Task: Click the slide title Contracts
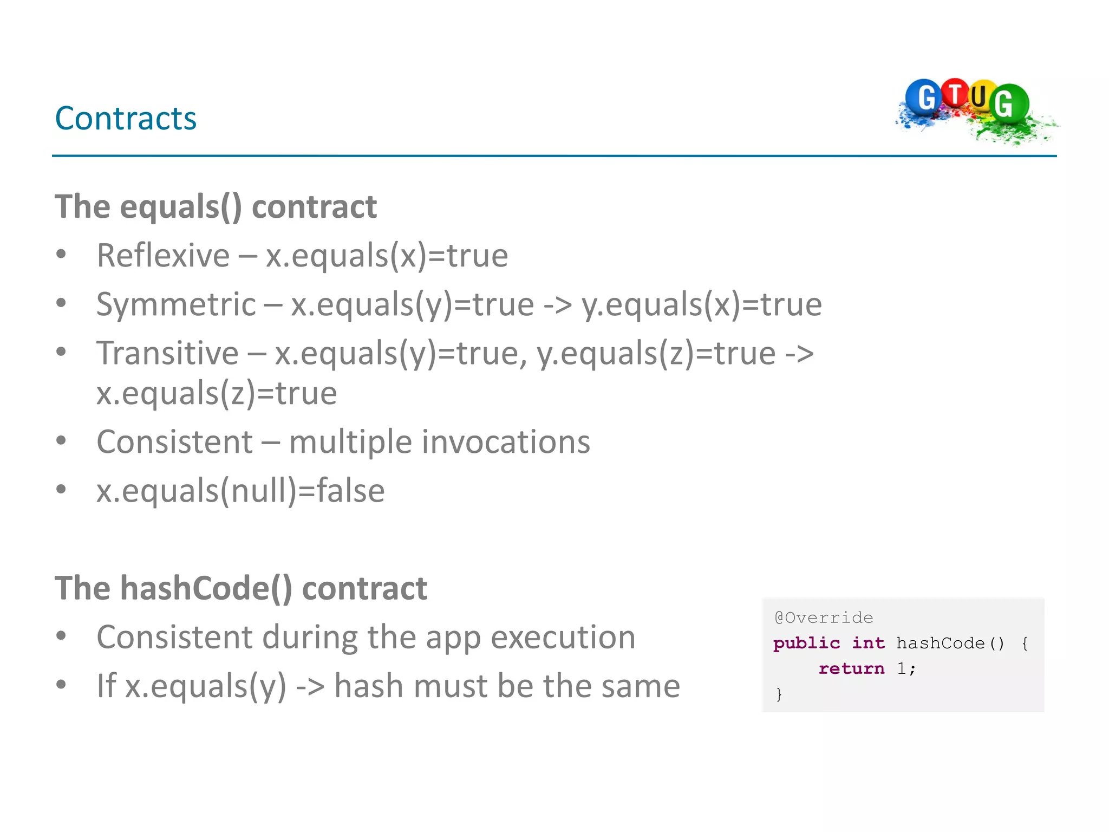coord(126,118)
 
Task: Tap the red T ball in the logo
coord(956,93)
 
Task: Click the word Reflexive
coord(163,256)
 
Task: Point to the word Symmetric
coord(175,304)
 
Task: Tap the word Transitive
coord(167,353)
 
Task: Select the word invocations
coord(506,442)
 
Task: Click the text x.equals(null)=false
coord(240,491)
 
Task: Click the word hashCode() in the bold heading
coord(206,588)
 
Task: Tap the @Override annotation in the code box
coord(824,617)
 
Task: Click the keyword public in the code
coord(806,643)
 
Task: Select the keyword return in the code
coord(851,668)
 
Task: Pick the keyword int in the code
coord(868,643)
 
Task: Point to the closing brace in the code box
coord(779,694)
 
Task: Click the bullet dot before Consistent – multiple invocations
coord(61,440)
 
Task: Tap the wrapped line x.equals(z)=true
coord(217,393)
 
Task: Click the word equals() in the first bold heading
coord(181,207)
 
